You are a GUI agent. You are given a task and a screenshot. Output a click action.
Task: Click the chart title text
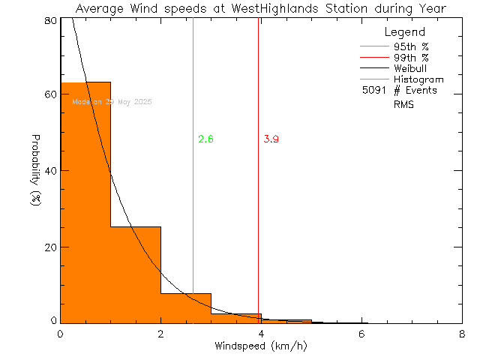coord(260,8)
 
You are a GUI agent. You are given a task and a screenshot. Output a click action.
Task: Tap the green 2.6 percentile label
coord(205,139)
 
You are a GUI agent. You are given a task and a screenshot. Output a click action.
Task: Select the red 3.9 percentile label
coord(271,139)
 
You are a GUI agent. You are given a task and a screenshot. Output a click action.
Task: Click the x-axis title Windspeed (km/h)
coord(260,346)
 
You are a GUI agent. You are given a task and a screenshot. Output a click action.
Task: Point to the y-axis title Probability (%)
coord(35,172)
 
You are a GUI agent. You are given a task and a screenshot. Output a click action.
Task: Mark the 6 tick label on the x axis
coord(361,334)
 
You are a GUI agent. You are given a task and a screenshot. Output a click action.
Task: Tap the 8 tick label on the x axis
coord(461,334)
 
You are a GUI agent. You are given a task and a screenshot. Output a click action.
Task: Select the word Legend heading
coord(404,32)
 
